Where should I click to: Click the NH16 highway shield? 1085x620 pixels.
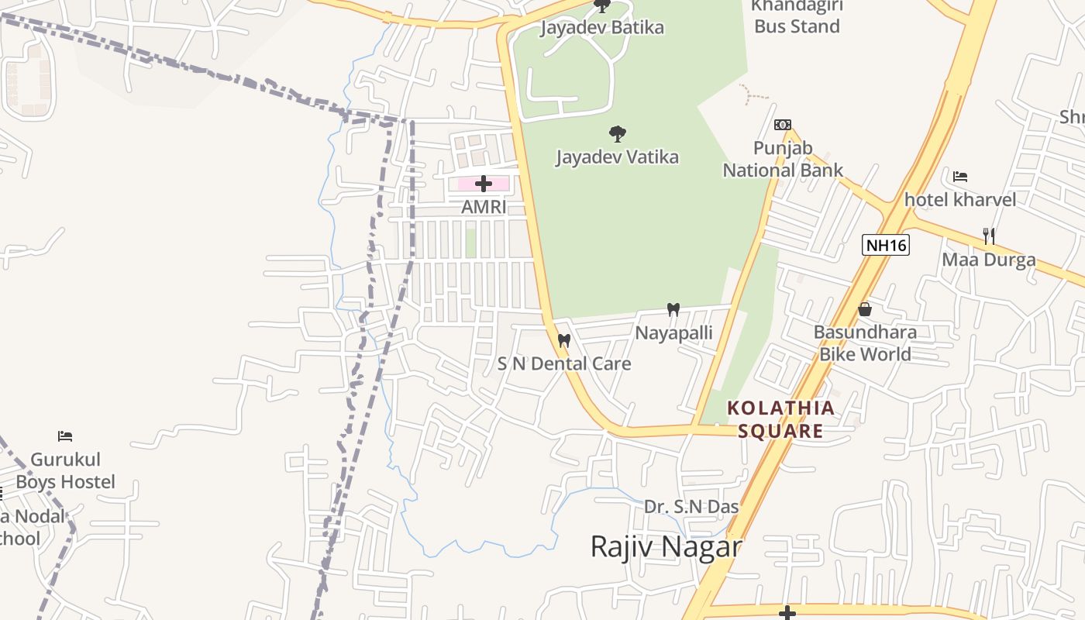click(885, 246)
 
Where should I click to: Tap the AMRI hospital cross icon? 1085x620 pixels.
click(484, 184)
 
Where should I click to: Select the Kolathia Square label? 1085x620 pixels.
click(781, 419)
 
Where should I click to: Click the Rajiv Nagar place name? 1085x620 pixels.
click(666, 546)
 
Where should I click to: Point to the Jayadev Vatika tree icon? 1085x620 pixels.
click(617, 134)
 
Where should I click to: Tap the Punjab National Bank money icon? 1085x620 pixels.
click(782, 124)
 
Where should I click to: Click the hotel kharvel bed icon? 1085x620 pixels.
click(960, 177)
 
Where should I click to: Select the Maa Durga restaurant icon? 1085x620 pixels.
click(988, 236)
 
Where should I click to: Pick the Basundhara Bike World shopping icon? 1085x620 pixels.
click(865, 310)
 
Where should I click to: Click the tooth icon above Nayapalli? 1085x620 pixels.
click(673, 310)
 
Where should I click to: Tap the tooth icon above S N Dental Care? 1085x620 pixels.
click(564, 340)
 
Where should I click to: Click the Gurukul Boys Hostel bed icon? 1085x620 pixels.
click(65, 436)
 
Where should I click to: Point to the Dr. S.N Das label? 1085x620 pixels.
click(691, 507)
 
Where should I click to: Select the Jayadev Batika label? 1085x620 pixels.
click(602, 28)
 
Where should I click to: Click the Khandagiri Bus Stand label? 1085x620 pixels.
click(797, 17)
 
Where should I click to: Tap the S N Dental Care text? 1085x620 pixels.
click(564, 363)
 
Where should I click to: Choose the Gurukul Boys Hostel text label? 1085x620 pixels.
click(66, 470)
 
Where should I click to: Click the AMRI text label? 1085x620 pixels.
click(484, 207)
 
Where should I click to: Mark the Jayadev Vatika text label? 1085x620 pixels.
click(617, 157)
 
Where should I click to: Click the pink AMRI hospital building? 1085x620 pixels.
click(465, 184)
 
